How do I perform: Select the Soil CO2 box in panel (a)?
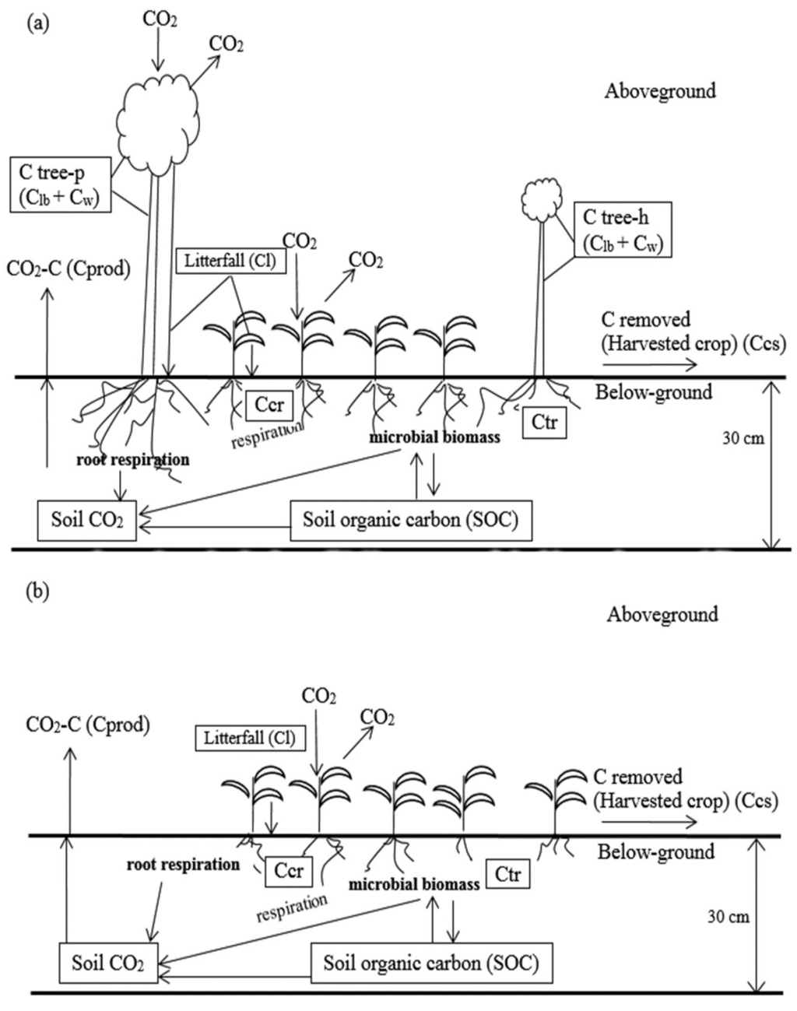[87, 520]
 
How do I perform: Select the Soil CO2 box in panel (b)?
[107, 963]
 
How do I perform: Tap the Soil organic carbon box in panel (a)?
[411, 520]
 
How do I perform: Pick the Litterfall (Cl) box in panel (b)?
[250, 737]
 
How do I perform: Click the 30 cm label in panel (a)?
[743, 438]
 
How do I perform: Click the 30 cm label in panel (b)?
[728, 917]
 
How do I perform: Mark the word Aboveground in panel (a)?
[660, 91]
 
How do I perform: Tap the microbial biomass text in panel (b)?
[413, 885]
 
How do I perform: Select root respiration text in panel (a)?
[132, 460]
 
